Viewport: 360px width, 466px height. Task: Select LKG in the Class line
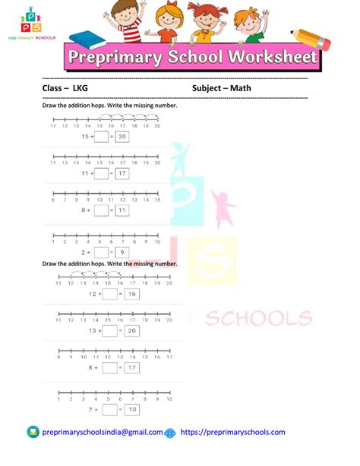pyautogui.click(x=80, y=88)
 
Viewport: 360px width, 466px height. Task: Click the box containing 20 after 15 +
pyautogui.click(x=122, y=137)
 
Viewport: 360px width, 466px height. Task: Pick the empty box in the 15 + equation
pyautogui.click(x=102, y=137)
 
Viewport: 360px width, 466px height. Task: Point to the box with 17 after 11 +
pyautogui.click(x=122, y=173)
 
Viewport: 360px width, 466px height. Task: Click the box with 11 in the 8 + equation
pyautogui.click(x=122, y=210)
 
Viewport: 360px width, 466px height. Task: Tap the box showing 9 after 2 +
pyautogui.click(x=122, y=251)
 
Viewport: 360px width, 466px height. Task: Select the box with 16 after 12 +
pyautogui.click(x=131, y=293)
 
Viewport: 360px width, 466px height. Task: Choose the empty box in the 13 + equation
pyautogui.click(x=110, y=331)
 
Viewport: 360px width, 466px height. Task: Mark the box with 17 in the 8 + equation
pyautogui.click(x=131, y=368)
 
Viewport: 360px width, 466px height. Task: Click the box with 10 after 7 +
pyautogui.click(x=131, y=411)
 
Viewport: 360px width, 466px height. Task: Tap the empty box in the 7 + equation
pyautogui.click(x=110, y=411)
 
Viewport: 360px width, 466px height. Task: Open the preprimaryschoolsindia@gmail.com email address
pyautogui.click(x=102, y=432)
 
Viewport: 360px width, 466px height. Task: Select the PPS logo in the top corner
pyautogui.click(x=30, y=23)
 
